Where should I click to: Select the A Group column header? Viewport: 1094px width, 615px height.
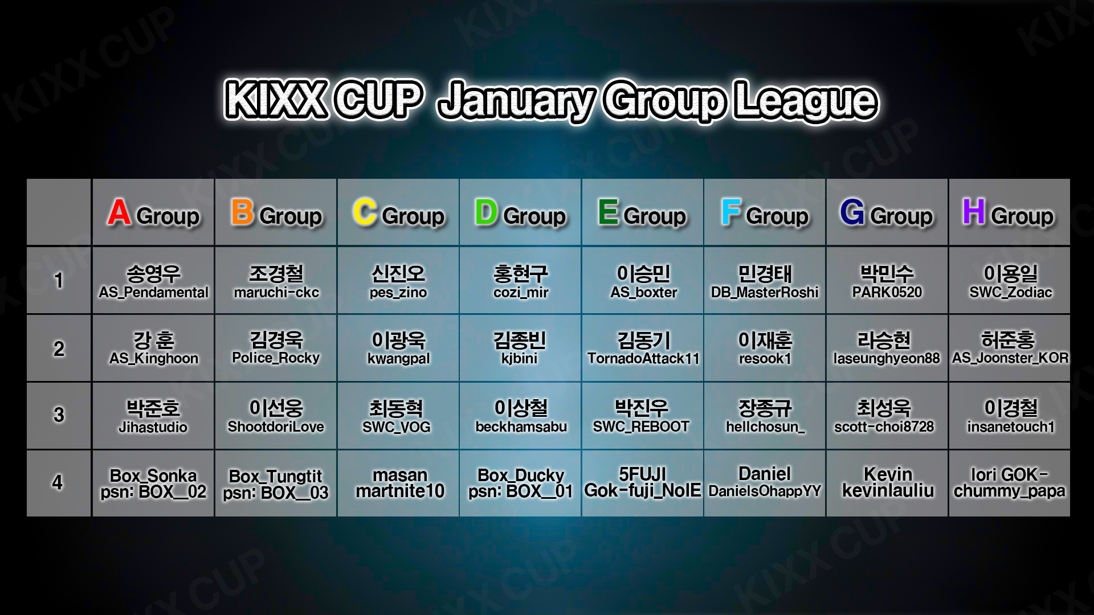click(153, 212)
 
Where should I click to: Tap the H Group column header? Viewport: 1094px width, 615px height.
click(1009, 212)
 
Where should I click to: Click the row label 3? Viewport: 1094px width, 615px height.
click(59, 415)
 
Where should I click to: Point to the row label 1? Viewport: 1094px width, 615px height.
click(59, 280)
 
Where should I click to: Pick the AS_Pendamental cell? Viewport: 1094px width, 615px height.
click(153, 280)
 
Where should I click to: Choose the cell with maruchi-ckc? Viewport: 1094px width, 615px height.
click(276, 280)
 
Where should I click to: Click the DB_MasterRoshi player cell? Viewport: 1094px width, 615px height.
click(765, 280)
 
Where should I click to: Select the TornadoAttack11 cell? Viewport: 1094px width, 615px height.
click(643, 348)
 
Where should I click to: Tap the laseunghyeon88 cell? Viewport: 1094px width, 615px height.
click(887, 348)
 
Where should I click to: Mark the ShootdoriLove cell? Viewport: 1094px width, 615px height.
click(276, 416)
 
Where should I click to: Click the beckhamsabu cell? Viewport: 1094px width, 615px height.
click(520, 416)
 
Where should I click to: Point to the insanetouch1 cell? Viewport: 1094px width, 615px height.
click(1009, 416)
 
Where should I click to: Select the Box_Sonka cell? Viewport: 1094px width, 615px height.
click(153, 483)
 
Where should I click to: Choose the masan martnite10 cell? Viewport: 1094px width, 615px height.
click(398, 483)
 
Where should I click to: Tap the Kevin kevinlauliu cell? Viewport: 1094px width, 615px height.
click(887, 483)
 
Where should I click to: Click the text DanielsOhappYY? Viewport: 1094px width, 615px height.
click(765, 491)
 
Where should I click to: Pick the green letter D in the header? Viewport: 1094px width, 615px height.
click(486, 212)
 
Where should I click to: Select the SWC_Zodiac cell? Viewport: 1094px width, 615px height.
click(1009, 280)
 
